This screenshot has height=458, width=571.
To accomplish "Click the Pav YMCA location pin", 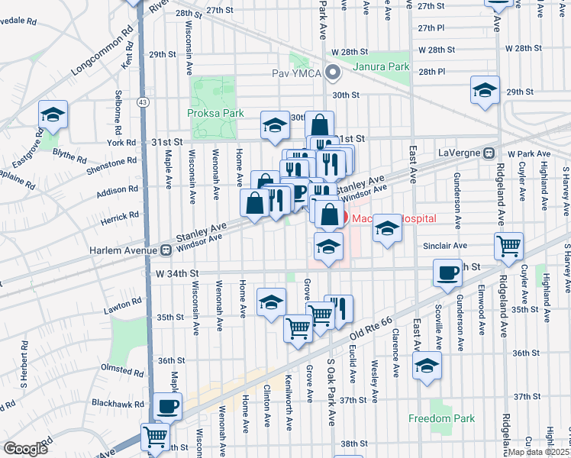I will click(332, 73).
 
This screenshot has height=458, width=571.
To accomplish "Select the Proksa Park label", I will click(215, 113).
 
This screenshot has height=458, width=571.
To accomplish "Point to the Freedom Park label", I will click(441, 418).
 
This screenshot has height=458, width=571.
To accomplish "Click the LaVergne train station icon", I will click(489, 151).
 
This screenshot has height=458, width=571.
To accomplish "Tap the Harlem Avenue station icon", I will click(166, 250).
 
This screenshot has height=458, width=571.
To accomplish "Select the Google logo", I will click(25, 449).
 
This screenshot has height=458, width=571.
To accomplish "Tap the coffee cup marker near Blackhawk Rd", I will click(167, 406).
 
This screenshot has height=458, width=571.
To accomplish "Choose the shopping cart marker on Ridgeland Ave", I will click(508, 247).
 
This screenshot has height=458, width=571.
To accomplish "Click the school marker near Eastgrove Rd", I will click(53, 114).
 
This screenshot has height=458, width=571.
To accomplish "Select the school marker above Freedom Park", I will click(427, 365).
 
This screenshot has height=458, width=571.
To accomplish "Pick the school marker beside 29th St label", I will click(485, 90).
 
